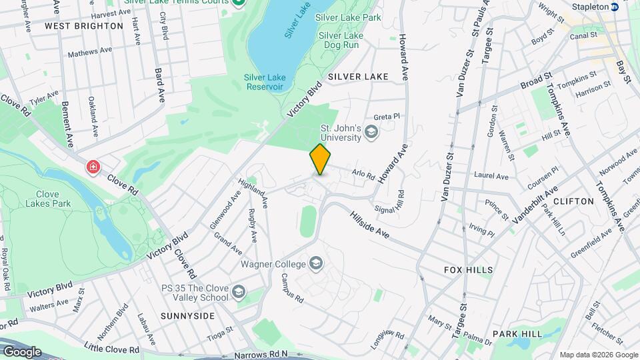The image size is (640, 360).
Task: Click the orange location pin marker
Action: tap(321, 159)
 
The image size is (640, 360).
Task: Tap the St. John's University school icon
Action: tap(371, 135)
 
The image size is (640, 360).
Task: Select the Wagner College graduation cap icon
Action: tap(317, 264)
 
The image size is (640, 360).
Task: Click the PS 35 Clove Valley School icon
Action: tap(239, 292)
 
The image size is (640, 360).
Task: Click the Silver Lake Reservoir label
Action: tap(264, 82)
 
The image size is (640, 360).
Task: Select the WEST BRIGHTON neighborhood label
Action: tap(84, 26)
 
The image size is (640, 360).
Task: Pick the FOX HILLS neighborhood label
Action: tap(469, 270)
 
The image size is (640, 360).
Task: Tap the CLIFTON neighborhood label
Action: tap(573, 201)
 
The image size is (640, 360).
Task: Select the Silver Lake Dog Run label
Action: tap(341, 40)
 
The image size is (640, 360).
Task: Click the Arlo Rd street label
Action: tap(363, 174)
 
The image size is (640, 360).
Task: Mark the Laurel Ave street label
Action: tap(491, 177)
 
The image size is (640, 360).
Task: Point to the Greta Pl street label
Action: tap(386, 116)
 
